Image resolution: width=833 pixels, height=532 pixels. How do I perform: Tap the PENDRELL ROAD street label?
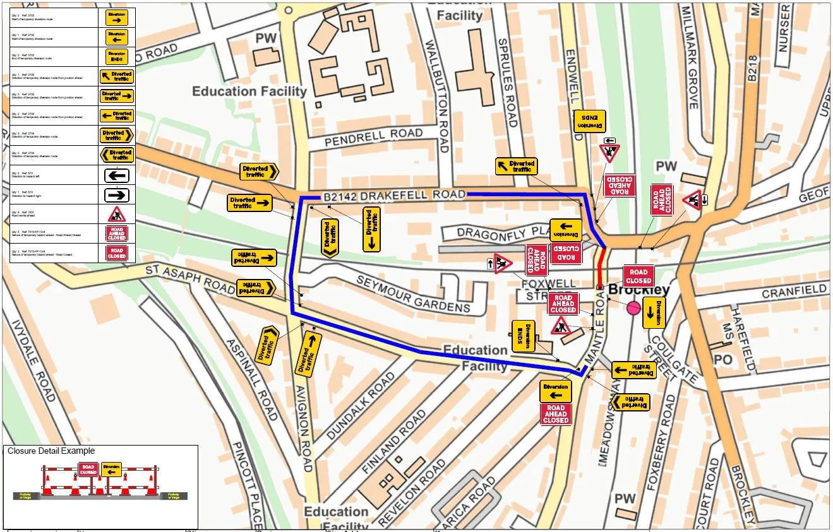point(373,138)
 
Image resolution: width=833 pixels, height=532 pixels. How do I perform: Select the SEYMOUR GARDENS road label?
point(413,295)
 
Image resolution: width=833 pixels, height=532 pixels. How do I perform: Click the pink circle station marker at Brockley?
point(633,308)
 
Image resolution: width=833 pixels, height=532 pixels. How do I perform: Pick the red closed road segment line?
point(601,268)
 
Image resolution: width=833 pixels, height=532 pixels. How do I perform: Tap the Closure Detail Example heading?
point(51,451)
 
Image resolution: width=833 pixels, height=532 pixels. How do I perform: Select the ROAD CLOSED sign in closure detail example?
point(88,469)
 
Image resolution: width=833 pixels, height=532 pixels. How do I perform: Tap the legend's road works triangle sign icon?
point(116,214)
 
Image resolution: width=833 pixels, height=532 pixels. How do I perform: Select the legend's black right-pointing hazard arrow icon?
point(116,195)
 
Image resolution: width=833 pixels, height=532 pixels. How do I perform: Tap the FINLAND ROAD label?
point(395,442)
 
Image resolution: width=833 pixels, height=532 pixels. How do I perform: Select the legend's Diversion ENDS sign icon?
point(116,57)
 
